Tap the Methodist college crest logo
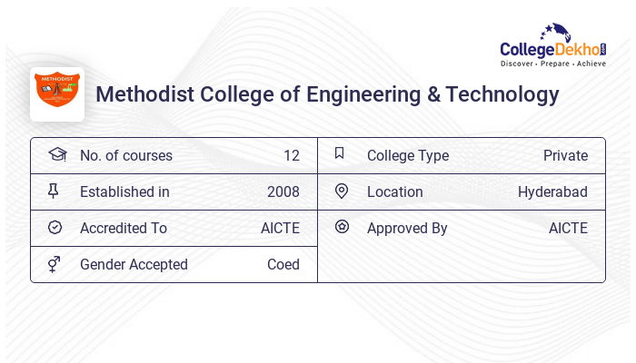point(57,93)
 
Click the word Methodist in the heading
point(140,94)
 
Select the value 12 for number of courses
point(291,156)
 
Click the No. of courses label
point(125,156)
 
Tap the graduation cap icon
point(56,155)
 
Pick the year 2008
point(283,192)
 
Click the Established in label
point(124,192)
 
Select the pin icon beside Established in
point(54,191)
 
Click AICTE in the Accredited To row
point(280,229)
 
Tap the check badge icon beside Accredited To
point(55,228)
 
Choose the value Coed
point(283,265)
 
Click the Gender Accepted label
point(134,265)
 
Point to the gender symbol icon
point(54,264)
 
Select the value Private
point(565,156)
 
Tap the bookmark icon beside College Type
point(340,154)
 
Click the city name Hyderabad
point(552,192)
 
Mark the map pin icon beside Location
point(342,191)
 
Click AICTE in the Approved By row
point(568,229)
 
